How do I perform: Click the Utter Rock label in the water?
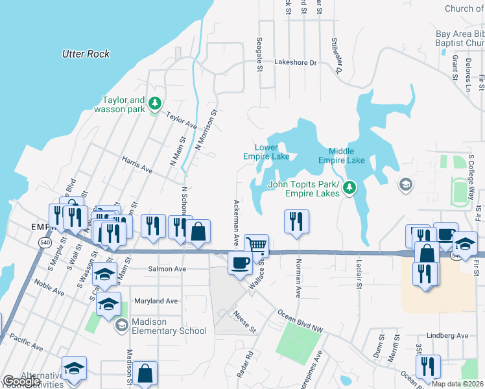click(x=86, y=54)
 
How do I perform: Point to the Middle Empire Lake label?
click(x=342, y=156)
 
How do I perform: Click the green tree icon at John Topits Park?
click(x=349, y=188)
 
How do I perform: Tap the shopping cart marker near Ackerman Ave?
click(x=257, y=246)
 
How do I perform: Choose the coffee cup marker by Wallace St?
click(x=240, y=263)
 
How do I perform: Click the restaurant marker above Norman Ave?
click(x=296, y=221)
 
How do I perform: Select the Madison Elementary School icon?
click(x=121, y=325)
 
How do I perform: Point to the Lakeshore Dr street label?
click(x=295, y=63)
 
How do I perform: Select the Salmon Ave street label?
click(x=167, y=269)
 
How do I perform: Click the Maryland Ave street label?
click(x=156, y=301)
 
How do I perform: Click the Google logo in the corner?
click(x=21, y=381)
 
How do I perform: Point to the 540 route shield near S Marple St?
click(x=44, y=242)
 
